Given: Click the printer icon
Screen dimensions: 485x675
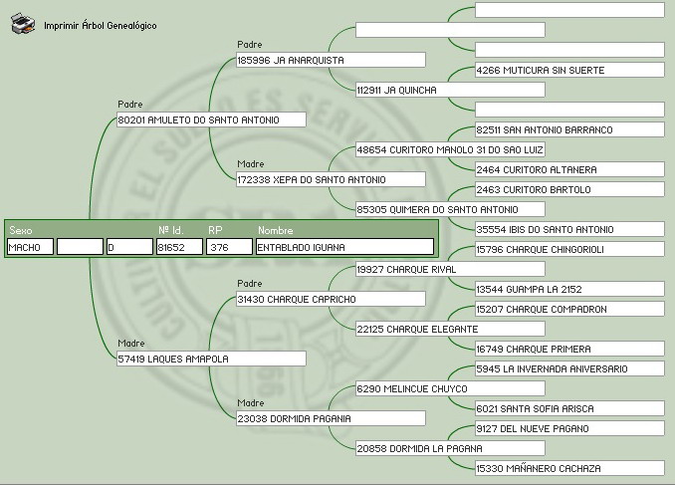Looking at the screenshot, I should point(23,25).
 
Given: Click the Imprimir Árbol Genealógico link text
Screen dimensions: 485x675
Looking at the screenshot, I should point(100,26).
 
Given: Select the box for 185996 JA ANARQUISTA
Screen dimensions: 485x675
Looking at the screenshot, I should point(295,60).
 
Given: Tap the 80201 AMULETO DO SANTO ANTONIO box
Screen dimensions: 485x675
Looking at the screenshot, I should point(211,120).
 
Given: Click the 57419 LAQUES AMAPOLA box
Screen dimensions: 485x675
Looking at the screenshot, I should point(211,359).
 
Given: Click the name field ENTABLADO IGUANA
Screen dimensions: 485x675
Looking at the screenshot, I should point(344,247).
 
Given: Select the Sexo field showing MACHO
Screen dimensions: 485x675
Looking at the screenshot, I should point(30,247).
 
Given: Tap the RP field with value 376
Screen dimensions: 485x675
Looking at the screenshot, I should point(230,247).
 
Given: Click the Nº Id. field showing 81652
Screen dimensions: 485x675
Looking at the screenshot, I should point(180,247).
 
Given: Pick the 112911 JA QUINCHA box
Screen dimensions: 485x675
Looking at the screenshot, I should point(449,90).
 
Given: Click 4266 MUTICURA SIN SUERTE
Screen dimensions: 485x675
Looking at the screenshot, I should point(568,70).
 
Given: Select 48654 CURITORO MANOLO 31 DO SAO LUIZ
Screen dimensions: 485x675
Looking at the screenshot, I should point(449,149).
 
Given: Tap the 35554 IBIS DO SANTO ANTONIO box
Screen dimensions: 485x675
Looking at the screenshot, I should point(568,229).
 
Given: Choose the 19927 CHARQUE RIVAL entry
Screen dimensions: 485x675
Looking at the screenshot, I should point(449,269).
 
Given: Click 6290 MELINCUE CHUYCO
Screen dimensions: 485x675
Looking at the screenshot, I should point(449,388).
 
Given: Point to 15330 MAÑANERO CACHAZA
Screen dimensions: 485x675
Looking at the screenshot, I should point(568,468).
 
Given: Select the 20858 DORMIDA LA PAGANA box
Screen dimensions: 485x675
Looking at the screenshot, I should point(449,448).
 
